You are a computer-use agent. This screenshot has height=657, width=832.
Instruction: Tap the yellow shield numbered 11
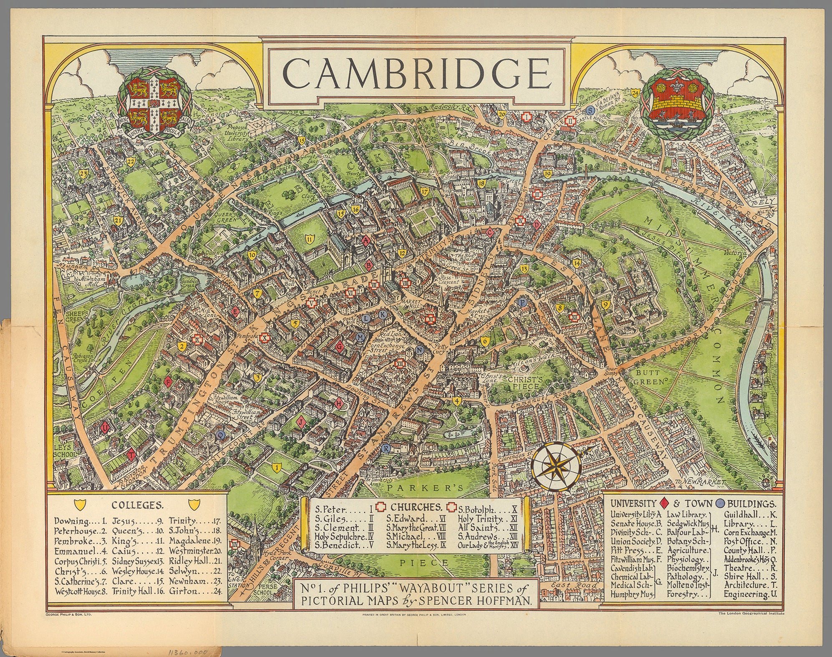tap(309, 239)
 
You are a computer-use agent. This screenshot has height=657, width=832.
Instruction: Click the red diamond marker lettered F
tap(169, 382)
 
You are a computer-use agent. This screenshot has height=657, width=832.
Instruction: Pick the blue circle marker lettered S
tap(590, 111)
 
